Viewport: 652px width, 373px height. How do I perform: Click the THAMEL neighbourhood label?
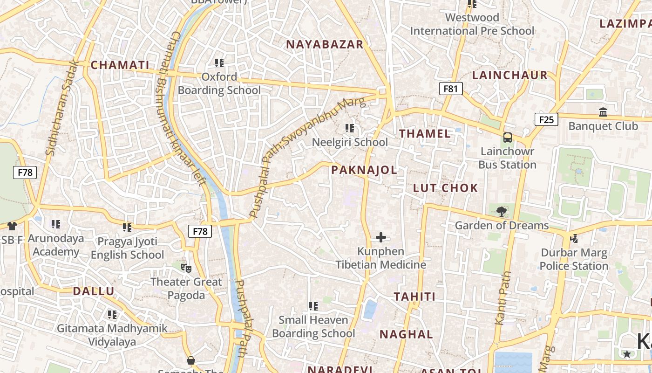425,134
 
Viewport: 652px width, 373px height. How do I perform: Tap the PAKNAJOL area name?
364,170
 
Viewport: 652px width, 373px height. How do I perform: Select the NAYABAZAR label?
324,44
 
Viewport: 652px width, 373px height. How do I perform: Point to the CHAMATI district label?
120,65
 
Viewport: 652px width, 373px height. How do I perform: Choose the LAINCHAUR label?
509,75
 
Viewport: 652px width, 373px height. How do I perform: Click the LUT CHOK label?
445,188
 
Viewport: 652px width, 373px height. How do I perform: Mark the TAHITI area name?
414,297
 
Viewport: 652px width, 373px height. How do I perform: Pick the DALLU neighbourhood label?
93,291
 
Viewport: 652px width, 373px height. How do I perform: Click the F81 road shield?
450,89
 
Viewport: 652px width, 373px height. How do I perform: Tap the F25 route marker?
546,119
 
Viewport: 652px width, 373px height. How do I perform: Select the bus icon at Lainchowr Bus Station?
507,138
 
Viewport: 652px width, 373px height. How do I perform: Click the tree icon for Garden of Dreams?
501,212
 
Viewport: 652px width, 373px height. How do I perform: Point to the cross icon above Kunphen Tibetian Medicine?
380,237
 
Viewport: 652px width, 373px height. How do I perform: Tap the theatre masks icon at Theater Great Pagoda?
186,268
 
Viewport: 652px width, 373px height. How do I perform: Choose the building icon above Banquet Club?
603,112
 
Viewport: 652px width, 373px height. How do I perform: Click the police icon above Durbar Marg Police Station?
574,239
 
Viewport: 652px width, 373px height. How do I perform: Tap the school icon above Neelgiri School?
350,128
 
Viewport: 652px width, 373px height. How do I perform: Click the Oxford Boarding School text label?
219,83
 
